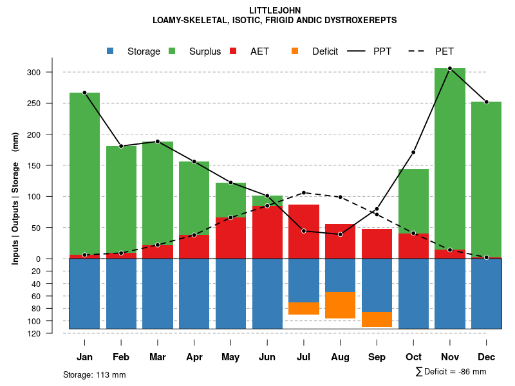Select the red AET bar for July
303,231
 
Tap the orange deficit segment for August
340,305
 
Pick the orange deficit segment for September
377,319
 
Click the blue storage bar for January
84,293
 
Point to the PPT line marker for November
450,68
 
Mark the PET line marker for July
303,192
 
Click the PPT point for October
413,152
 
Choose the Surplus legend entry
205,51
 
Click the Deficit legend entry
324,51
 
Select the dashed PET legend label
444,51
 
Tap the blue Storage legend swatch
110,51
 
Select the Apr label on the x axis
194,357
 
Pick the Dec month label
486,357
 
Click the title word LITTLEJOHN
274,10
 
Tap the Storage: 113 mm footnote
94,374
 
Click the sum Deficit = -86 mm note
451,371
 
